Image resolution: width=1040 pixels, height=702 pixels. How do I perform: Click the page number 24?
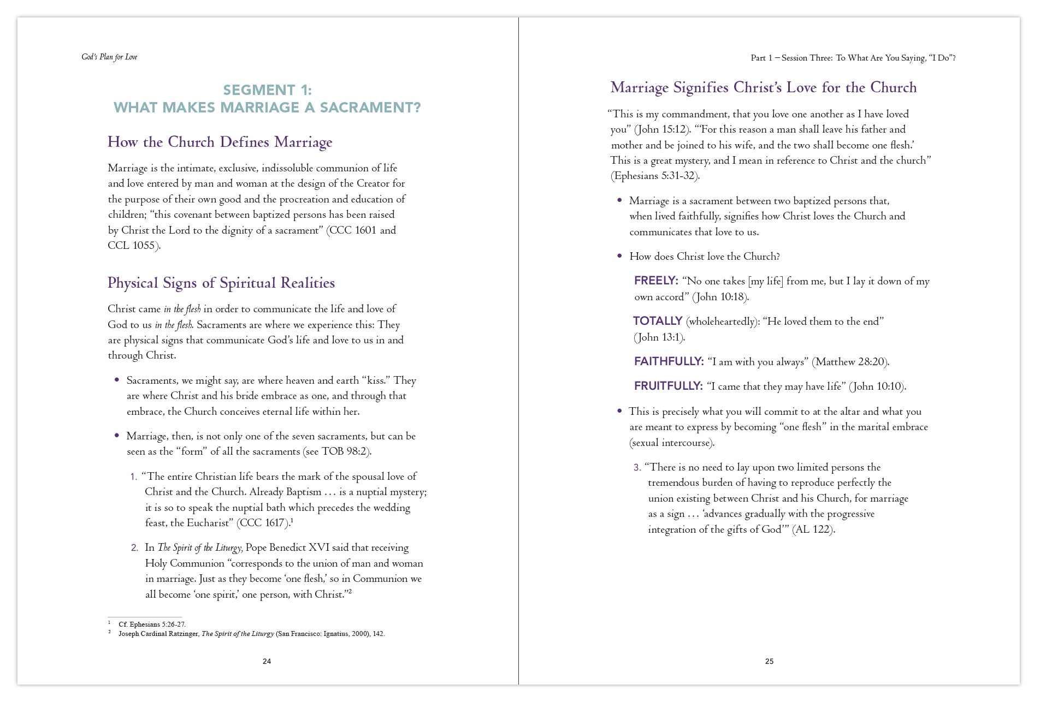click(267, 661)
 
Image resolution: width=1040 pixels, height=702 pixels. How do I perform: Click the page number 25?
click(769, 661)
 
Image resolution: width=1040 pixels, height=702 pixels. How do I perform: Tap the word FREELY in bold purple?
click(655, 281)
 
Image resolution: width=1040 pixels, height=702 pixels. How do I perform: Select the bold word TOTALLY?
click(658, 321)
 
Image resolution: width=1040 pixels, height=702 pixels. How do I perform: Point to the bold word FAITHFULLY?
click(669, 361)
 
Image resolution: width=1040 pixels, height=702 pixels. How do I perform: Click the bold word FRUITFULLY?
click(668, 386)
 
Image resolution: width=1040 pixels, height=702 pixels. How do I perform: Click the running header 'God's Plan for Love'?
click(109, 57)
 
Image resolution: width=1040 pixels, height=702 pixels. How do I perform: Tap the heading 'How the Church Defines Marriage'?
click(220, 142)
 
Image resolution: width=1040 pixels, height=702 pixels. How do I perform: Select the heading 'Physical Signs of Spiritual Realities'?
click(221, 283)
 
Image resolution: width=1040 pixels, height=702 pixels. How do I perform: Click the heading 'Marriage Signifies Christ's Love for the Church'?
click(763, 87)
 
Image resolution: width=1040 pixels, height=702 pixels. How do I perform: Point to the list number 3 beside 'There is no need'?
click(637, 468)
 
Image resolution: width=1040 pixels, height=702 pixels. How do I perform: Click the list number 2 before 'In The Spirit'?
click(134, 548)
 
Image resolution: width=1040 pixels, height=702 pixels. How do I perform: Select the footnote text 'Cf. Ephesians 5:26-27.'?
click(152, 624)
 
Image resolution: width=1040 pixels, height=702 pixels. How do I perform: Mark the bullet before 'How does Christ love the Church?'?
click(619, 256)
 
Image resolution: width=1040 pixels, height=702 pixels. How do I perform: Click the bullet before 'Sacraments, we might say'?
click(117, 380)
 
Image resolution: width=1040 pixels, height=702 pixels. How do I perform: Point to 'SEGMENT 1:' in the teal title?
click(267, 90)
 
